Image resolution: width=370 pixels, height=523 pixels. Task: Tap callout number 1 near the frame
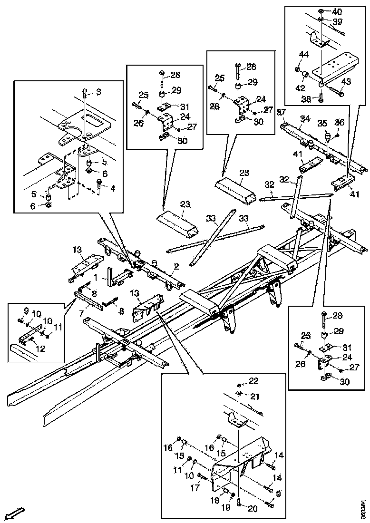pos(96,276)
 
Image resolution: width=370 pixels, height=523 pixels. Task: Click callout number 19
pos(226,507)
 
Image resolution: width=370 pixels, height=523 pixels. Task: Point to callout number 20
pos(253,508)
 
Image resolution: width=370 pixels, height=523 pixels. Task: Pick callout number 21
pos(255,397)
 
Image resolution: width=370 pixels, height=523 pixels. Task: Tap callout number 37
pos(281,111)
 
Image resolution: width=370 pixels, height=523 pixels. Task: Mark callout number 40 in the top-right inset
pos(337,11)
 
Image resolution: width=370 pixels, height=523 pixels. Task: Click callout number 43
pos(346,82)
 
